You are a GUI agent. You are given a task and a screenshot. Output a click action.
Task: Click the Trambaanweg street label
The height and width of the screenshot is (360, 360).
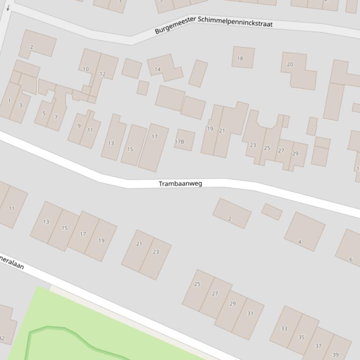[x=180, y=183]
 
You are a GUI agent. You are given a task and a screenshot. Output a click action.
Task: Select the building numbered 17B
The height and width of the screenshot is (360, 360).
[x=179, y=141]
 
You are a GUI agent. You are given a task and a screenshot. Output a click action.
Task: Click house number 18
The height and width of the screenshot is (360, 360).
[x=240, y=58]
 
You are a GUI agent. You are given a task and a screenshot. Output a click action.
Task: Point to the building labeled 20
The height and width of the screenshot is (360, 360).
[x=290, y=65]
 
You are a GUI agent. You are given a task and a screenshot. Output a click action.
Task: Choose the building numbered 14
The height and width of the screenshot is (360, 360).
[x=158, y=69]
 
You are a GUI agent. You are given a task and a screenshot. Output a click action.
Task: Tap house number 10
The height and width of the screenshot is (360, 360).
[x=86, y=69]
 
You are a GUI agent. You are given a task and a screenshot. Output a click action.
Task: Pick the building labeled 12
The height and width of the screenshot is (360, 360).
[x=103, y=74]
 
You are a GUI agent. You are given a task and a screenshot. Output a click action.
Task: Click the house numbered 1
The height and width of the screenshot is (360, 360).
[x=9, y=101]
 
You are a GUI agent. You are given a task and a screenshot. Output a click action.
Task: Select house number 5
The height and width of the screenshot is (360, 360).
[x=44, y=113]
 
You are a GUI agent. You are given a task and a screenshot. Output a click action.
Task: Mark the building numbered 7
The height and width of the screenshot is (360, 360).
[x=56, y=117]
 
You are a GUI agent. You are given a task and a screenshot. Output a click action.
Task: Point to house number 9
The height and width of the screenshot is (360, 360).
[x=79, y=126]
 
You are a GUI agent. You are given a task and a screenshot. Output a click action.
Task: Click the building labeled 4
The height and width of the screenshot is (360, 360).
[x=300, y=242]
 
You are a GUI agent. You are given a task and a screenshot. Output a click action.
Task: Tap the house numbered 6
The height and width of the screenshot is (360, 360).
[x=351, y=259]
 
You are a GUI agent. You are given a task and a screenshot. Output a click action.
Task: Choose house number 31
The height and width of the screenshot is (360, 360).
[x=250, y=313]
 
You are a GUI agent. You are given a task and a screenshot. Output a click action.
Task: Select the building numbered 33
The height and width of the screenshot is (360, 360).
[x=284, y=329]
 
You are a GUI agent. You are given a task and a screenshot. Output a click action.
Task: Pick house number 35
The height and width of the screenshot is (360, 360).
[x=301, y=337]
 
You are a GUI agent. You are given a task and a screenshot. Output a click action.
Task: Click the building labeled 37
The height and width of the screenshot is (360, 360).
[x=318, y=346]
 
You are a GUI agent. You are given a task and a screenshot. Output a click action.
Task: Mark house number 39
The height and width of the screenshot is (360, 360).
[x=335, y=354]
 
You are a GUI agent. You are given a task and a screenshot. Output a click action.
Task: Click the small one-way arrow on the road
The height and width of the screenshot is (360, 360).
[x=8, y=8]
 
